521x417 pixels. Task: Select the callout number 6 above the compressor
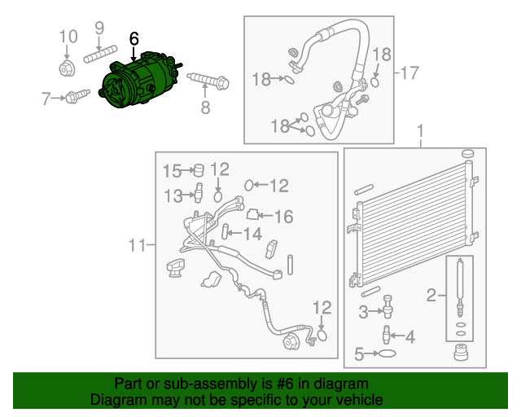click(x=134, y=38)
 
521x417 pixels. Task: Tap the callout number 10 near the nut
click(x=68, y=36)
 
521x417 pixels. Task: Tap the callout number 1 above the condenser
click(x=421, y=131)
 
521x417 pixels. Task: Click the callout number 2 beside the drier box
click(x=431, y=293)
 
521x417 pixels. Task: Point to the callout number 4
click(x=409, y=336)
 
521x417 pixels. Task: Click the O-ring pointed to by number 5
click(x=388, y=353)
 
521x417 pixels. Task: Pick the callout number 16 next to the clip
click(x=282, y=217)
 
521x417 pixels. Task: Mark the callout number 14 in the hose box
click(x=252, y=235)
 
